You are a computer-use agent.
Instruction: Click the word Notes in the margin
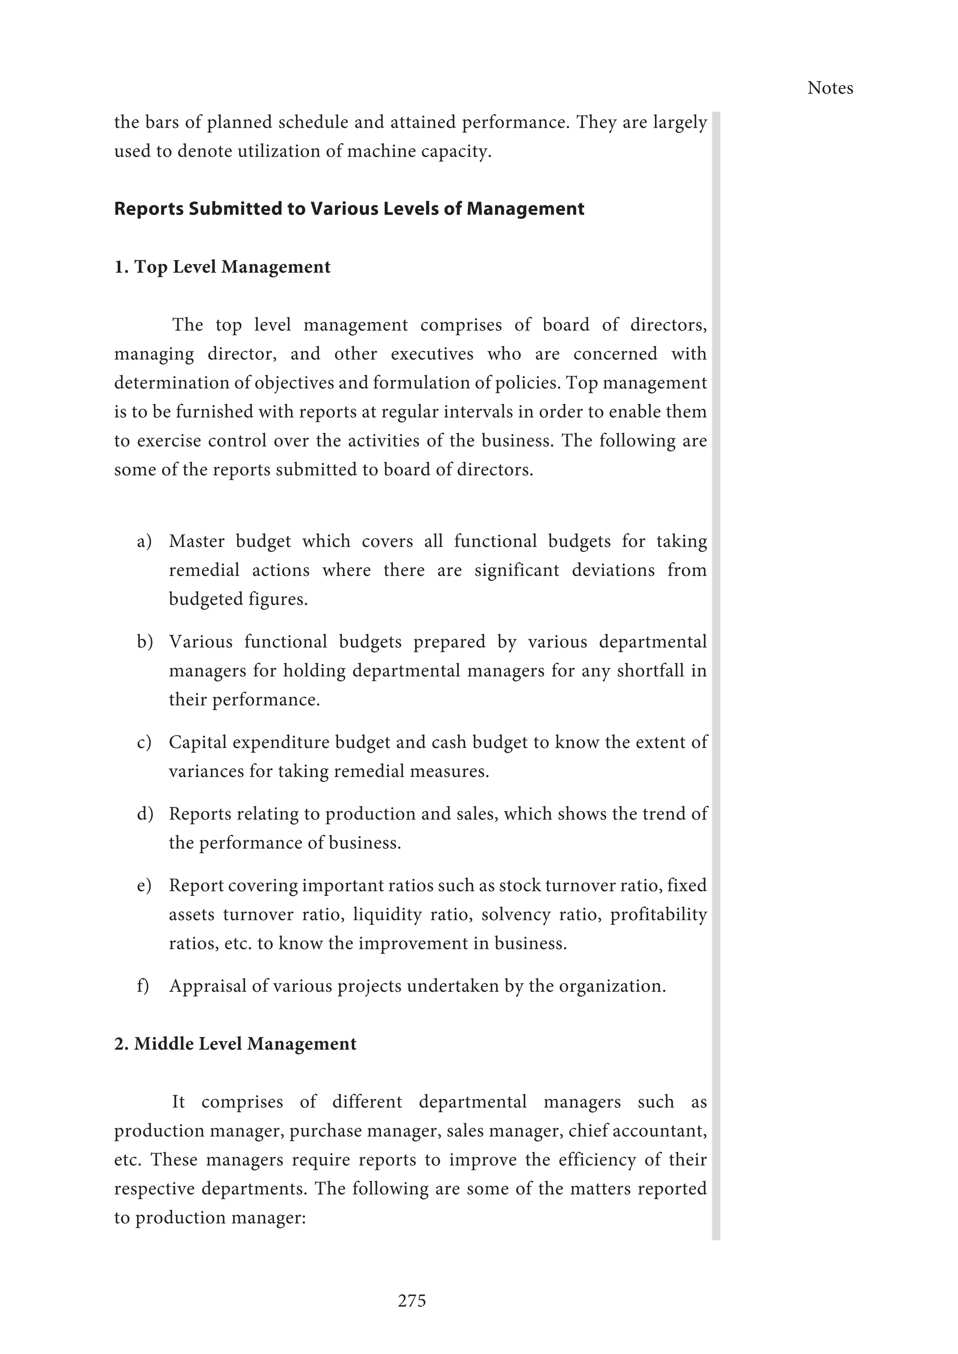830,88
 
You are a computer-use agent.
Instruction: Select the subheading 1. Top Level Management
222,266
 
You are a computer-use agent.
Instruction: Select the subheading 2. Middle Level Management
235,1044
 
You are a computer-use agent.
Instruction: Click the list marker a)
145,541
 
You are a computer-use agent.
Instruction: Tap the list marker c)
145,742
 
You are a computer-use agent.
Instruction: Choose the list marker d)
145,814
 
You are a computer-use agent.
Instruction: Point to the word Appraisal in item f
208,986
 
